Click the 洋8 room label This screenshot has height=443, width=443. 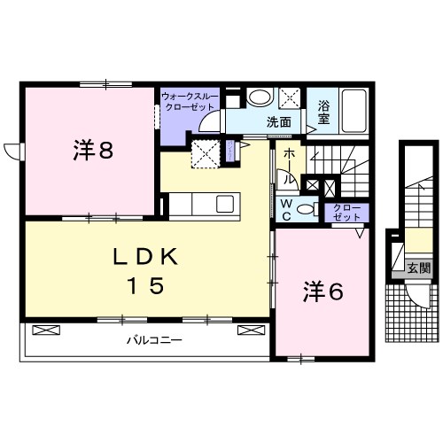(93, 150)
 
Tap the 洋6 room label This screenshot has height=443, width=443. (323, 291)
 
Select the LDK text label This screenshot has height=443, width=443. (145, 256)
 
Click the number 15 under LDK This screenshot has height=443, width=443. (145, 285)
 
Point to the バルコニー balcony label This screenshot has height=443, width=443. (154, 340)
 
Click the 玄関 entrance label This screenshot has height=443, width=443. (419, 268)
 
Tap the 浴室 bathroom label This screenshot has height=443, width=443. (323, 113)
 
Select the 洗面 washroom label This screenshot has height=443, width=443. (279, 121)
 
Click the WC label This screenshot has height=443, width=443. (286, 210)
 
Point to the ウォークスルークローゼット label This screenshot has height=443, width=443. (190, 102)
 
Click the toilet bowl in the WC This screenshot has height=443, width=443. (307, 209)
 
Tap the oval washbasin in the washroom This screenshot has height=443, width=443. (259, 97)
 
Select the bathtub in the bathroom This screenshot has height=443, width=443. (354, 111)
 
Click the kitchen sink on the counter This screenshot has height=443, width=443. (225, 204)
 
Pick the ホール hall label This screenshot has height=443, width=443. (289, 167)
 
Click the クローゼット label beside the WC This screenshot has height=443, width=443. (346, 213)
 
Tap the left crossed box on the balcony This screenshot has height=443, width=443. (46, 330)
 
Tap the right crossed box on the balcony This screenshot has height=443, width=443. (252, 330)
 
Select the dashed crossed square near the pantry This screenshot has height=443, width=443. (206, 154)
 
